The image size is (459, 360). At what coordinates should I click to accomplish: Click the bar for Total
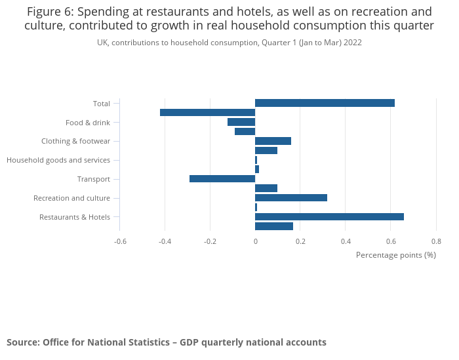(325, 103)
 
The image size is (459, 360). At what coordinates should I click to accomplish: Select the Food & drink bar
(241, 122)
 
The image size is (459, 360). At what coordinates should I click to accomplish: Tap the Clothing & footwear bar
(273, 141)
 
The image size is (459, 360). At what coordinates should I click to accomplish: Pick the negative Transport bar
(222, 179)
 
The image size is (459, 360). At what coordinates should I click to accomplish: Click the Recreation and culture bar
(290, 197)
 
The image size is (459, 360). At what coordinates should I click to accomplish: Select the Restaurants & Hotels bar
(329, 217)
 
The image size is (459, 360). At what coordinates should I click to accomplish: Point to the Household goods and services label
(58, 160)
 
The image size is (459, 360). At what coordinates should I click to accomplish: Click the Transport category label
(94, 179)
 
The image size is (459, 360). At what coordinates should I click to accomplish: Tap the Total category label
(102, 104)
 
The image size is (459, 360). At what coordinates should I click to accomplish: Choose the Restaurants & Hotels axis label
(75, 217)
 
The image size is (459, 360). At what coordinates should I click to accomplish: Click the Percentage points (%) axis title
(395, 254)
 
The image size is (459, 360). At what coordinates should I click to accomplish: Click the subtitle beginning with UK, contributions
(229, 42)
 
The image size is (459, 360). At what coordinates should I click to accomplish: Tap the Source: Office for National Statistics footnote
(166, 342)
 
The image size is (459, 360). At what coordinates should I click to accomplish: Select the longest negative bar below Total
(207, 113)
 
